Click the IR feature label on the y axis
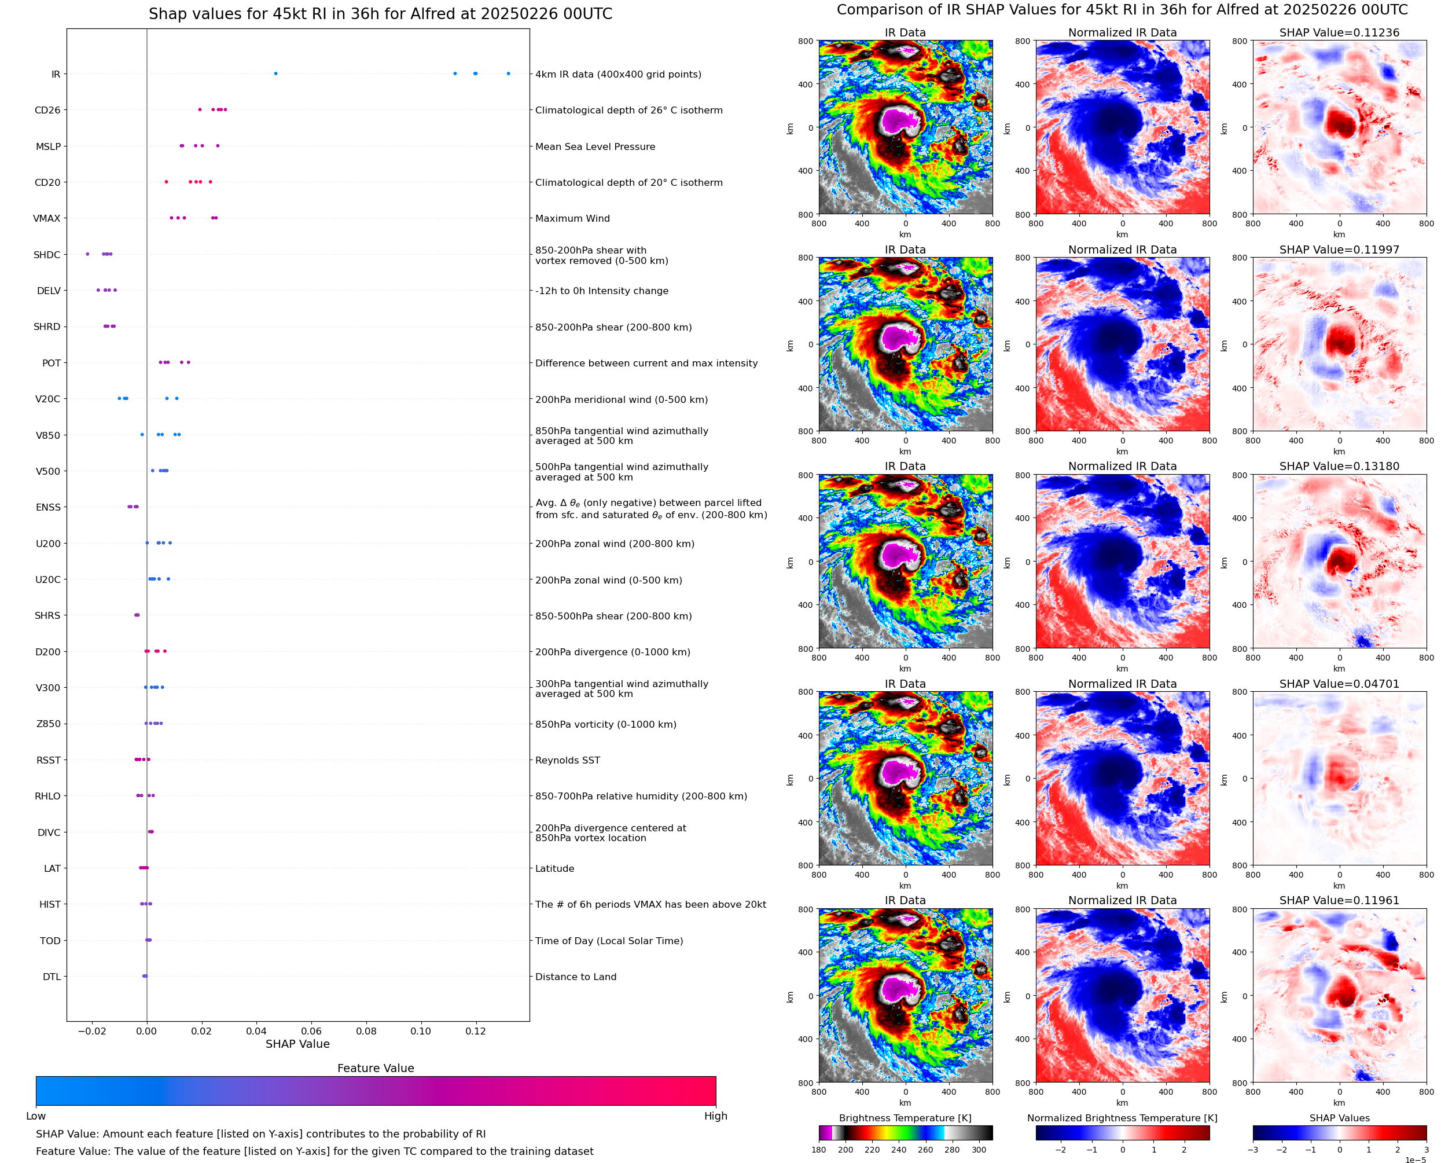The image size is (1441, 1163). click(56, 74)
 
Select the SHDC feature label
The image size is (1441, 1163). click(47, 255)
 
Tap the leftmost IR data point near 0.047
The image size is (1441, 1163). click(276, 74)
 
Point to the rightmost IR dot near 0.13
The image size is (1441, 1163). click(508, 74)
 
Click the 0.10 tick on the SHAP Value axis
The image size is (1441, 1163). click(421, 1031)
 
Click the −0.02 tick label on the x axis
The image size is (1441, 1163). click(92, 1031)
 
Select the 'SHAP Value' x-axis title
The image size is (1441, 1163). click(297, 1044)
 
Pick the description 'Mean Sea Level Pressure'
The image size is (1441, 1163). click(594, 146)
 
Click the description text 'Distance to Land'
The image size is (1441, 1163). click(575, 977)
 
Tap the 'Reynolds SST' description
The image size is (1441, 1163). click(567, 760)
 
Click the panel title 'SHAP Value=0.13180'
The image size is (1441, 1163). click(1339, 466)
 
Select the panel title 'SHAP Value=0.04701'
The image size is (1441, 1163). click(1339, 684)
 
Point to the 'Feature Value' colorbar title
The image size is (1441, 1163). click(375, 1068)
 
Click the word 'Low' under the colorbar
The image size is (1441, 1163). click(35, 1116)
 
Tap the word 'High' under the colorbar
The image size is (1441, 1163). click(715, 1116)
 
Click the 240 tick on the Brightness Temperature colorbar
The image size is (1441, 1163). click(898, 1150)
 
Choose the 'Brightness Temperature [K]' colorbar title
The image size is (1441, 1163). click(905, 1118)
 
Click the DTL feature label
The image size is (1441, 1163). click(52, 977)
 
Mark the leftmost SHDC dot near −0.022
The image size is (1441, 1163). click(88, 254)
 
